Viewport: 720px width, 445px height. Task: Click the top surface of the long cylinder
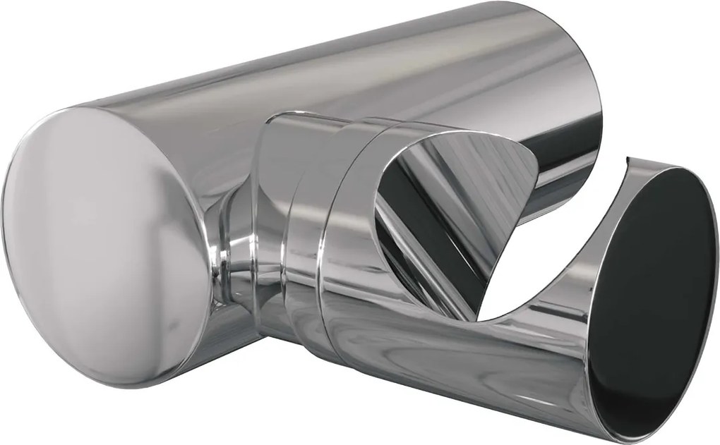(318, 56)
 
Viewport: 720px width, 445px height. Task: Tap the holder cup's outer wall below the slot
(424, 367)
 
